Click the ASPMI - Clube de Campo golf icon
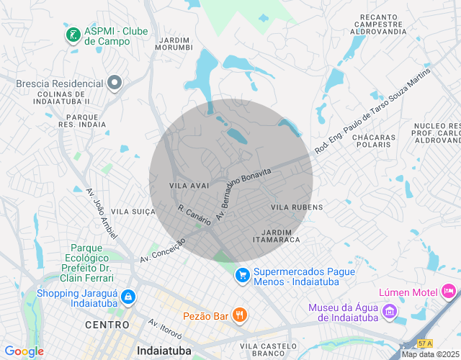point(72,34)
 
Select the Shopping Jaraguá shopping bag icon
point(127,297)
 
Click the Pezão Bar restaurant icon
point(240,315)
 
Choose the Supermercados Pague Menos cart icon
point(243,275)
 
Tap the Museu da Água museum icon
point(390,312)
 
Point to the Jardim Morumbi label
point(174,43)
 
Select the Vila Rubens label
point(297,207)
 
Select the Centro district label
point(107,325)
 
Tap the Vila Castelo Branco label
point(268,351)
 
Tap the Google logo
point(24,351)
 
